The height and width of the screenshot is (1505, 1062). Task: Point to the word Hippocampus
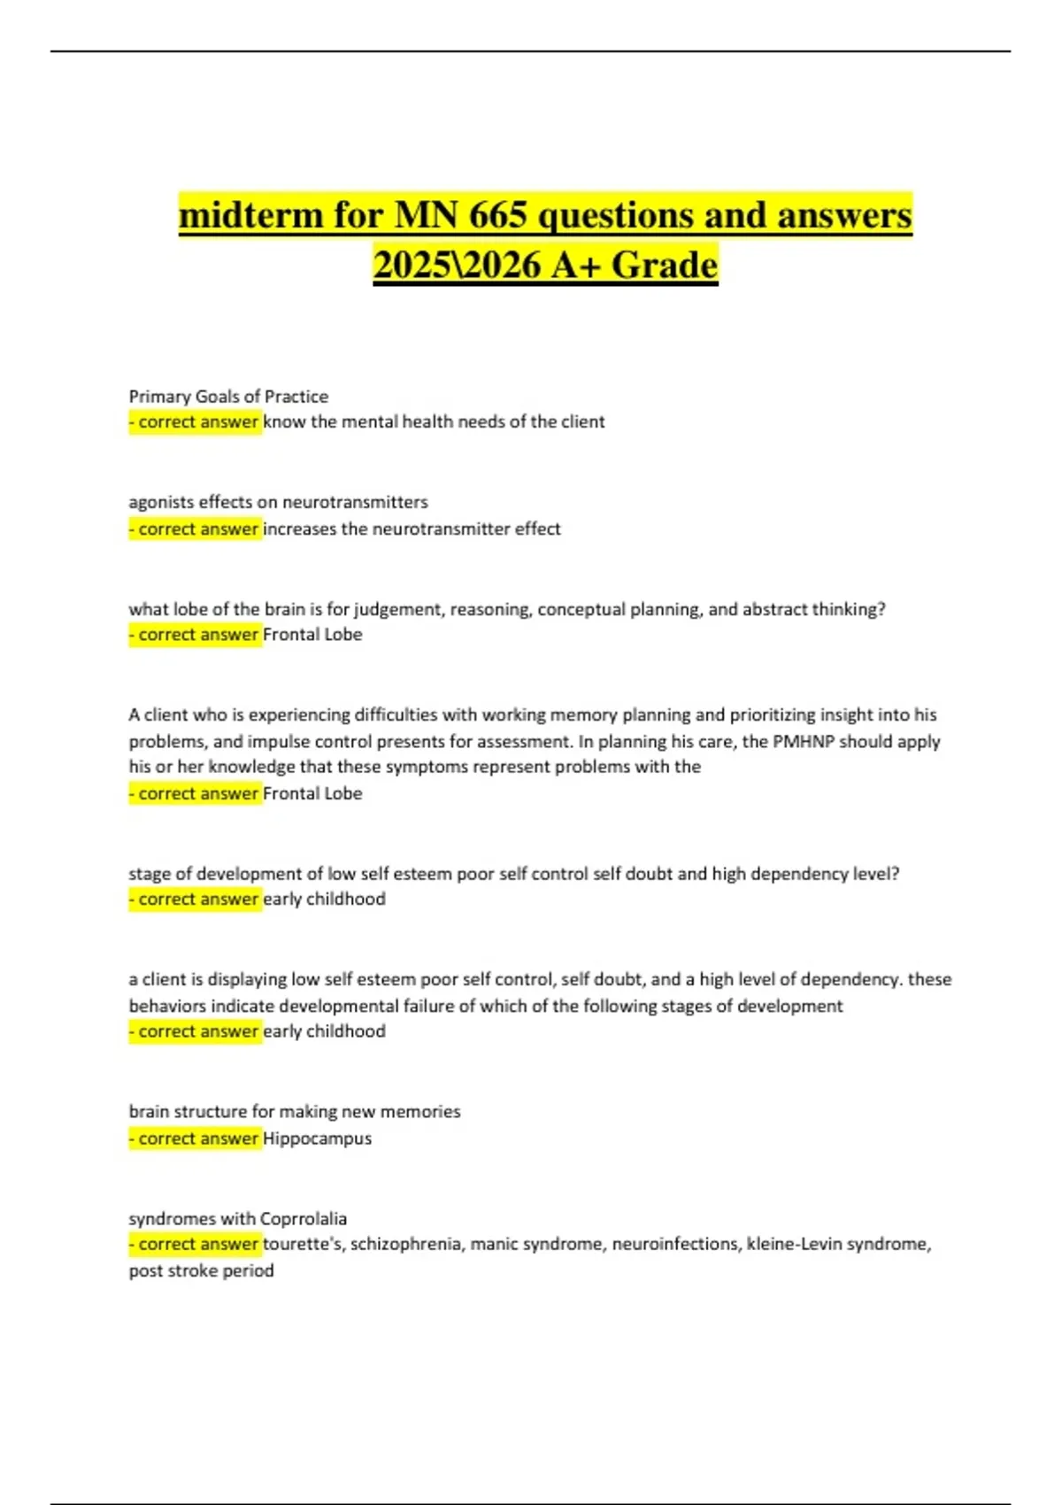(317, 1138)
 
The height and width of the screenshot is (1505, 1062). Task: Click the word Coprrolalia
(303, 1218)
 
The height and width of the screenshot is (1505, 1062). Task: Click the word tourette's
(303, 1244)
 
